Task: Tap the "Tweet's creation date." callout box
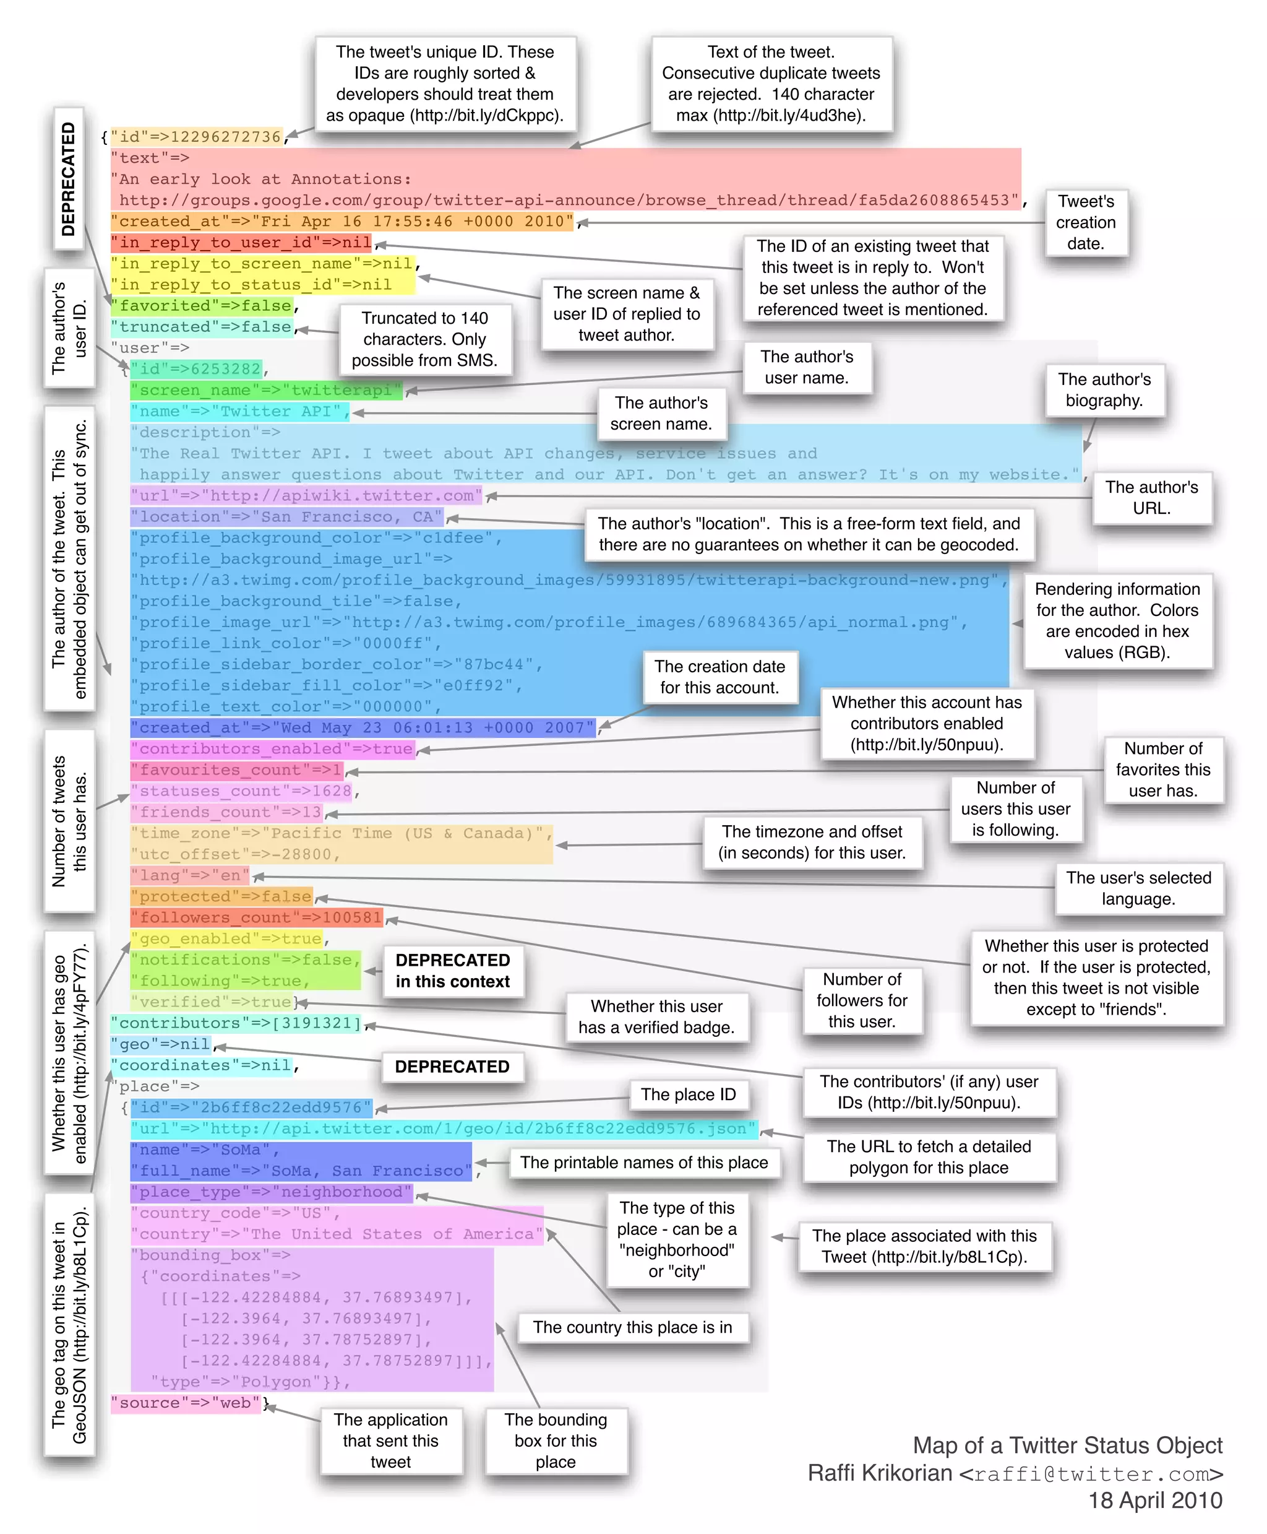(x=1085, y=223)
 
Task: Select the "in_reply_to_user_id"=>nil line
(x=241, y=243)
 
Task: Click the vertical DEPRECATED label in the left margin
(x=69, y=179)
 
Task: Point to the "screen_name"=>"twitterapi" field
(x=267, y=391)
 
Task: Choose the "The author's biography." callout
(x=1104, y=390)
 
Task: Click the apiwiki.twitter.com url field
(x=306, y=496)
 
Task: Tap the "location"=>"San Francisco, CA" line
(x=287, y=517)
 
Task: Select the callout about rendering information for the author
(x=1117, y=621)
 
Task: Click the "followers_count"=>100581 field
(x=257, y=918)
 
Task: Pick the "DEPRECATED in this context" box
(x=452, y=971)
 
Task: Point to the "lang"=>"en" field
(x=190, y=875)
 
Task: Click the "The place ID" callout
(x=688, y=1094)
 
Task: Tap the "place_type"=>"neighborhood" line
(x=272, y=1192)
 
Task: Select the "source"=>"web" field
(x=186, y=1403)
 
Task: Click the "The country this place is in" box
(x=632, y=1327)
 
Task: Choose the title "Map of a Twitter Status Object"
(x=1067, y=1445)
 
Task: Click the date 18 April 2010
(x=1154, y=1501)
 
